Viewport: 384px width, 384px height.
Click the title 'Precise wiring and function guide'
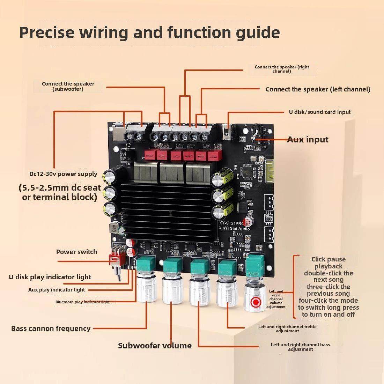tap(149, 32)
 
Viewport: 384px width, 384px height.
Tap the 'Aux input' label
tap(308, 140)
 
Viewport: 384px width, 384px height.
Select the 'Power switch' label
tap(76, 252)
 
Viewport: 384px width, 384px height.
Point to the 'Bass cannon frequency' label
tap(51, 328)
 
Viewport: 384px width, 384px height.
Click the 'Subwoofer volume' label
tap(155, 346)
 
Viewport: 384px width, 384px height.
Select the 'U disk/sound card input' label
tap(319, 112)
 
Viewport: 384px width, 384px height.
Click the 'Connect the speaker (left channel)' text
tap(318, 89)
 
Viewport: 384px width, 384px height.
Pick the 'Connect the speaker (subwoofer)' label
tap(68, 86)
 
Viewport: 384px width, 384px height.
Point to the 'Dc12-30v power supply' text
tap(63, 174)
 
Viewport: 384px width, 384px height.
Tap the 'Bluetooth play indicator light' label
tap(82, 302)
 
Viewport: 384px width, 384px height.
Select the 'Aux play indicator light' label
tap(57, 290)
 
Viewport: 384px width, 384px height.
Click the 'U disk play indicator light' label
tap(50, 277)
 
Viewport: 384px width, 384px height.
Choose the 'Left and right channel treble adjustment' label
tap(287, 328)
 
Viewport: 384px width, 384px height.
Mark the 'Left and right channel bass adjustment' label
tap(300, 347)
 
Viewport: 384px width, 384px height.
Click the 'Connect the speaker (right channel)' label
tap(282, 69)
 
